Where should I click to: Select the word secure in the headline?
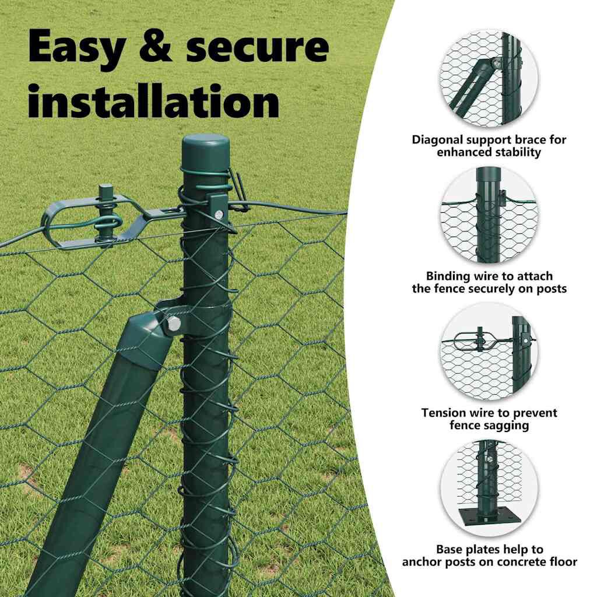coord(258,47)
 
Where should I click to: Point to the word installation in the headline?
coord(154,100)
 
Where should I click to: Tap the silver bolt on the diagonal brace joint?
coord(174,324)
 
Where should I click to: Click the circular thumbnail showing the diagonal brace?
coord(489,78)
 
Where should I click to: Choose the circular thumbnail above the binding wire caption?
coord(489,215)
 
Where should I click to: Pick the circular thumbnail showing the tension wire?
coord(489,352)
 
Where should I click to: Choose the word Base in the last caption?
coord(449,549)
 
